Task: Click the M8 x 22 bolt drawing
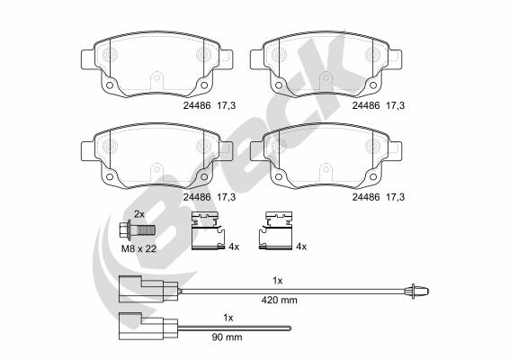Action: click(x=138, y=230)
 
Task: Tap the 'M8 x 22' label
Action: click(x=138, y=248)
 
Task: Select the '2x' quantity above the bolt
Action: click(x=139, y=214)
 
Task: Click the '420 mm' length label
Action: click(x=279, y=300)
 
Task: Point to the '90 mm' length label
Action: click(x=227, y=337)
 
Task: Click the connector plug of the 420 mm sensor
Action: click(x=148, y=289)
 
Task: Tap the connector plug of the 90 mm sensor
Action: click(x=148, y=326)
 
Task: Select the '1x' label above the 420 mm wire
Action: click(x=278, y=281)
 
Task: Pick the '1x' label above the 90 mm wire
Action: click(x=228, y=318)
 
